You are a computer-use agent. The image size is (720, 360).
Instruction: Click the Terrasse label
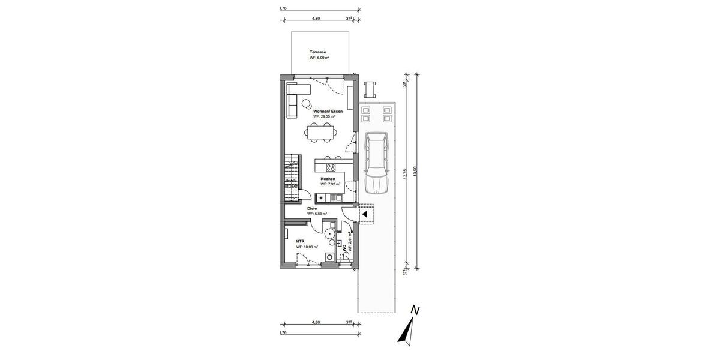[318, 52]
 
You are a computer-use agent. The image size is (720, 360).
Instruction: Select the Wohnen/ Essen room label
[328, 111]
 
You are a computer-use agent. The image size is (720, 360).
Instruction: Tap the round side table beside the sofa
[307, 104]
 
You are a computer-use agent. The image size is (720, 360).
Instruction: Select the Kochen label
[328, 179]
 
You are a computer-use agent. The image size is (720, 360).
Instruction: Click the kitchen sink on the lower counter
[334, 197]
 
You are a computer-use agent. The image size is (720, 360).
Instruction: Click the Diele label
[312, 208]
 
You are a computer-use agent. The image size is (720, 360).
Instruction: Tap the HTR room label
[300, 241]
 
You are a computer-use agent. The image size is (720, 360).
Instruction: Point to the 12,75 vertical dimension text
[406, 173]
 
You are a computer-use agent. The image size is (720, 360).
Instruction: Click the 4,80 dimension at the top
[316, 19]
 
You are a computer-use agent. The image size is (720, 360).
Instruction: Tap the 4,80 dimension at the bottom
[316, 323]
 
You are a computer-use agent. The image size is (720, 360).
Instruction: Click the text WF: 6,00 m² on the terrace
[320, 58]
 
